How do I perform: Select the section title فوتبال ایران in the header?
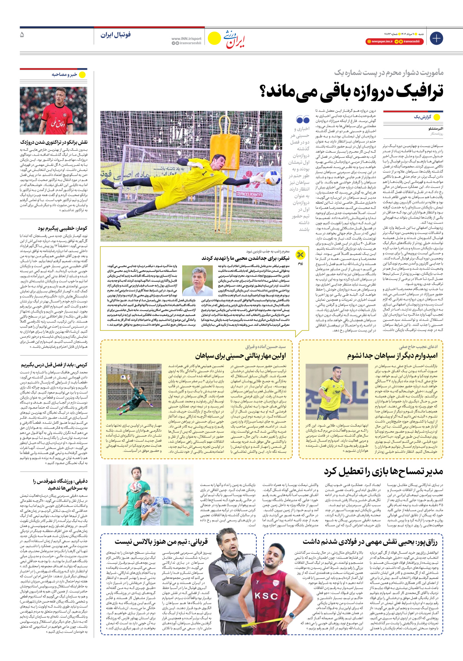point(116,35)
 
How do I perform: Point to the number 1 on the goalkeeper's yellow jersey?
point(204,173)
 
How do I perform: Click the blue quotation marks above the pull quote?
point(303,120)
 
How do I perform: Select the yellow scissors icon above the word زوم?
point(300,255)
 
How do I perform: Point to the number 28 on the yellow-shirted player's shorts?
point(321,417)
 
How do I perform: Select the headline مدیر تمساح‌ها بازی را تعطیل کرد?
point(383,471)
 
